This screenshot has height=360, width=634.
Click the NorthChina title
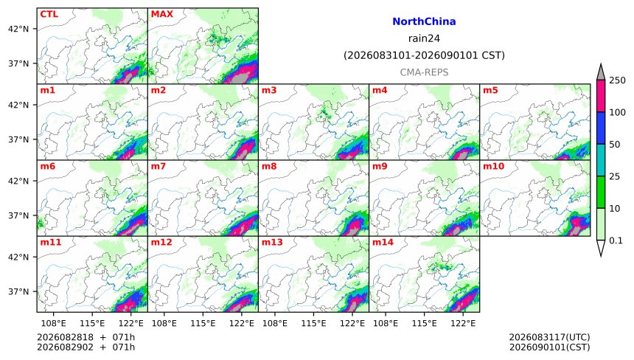(x=424, y=21)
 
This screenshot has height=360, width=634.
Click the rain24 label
(x=424, y=38)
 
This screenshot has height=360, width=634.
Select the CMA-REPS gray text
(x=424, y=72)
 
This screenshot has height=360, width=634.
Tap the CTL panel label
(x=49, y=14)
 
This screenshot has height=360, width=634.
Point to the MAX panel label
(x=161, y=14)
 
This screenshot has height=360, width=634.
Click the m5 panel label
(x=490, y=90)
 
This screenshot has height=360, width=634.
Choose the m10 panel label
(x=493, y=166)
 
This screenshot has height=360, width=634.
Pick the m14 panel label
(x=383, y=242)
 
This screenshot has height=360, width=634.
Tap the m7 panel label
(x=158, y=166)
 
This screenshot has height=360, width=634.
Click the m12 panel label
(x=161, y=242)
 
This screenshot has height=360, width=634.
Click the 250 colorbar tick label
(x=618, y=80)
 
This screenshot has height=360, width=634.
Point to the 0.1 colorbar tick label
(x=616, y=240)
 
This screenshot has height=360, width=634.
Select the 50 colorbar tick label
(x=615, y=145)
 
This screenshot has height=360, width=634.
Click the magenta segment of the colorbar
(x=600, y=96)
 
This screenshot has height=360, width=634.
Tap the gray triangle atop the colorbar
(x=600, y=72)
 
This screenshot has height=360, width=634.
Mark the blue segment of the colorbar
(x=600, y=128)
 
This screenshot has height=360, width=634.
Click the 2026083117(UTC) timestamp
(x=549, y=337)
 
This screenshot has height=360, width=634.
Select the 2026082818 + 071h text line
(x=86, y=337)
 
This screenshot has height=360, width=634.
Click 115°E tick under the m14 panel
(x=424, y=323)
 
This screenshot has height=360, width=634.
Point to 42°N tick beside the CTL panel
(x=18, y=29)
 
